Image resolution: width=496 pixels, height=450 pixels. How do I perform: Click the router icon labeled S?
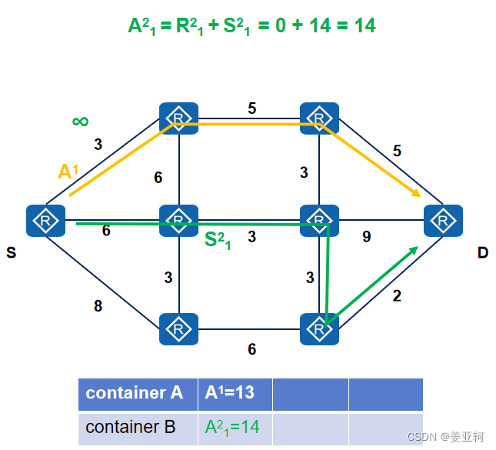(x=45, y=222)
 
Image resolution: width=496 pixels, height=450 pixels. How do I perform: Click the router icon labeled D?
(x=443, y=222)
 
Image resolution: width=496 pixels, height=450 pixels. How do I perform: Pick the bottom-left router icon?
(x=178, y=329)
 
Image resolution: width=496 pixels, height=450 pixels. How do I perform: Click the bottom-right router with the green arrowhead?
(x=319, y=329)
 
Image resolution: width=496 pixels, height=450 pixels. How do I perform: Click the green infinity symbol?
(x=80, y=121)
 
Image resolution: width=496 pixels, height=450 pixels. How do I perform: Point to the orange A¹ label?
(x=68, y=172)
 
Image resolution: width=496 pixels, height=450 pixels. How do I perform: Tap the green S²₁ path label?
(x=218, y=241)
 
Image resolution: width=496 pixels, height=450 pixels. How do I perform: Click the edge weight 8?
(x=98, y=306)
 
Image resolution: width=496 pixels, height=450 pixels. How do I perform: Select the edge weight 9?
(x=367, y=237)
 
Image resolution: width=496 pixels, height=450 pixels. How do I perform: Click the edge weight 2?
(x=397, y=295)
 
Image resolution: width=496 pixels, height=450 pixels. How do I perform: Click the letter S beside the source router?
(x=12, y=252)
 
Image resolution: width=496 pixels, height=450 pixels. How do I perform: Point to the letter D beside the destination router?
(x=482, y=252)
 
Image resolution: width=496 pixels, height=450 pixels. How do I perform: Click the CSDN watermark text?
(x=445, y=437)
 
